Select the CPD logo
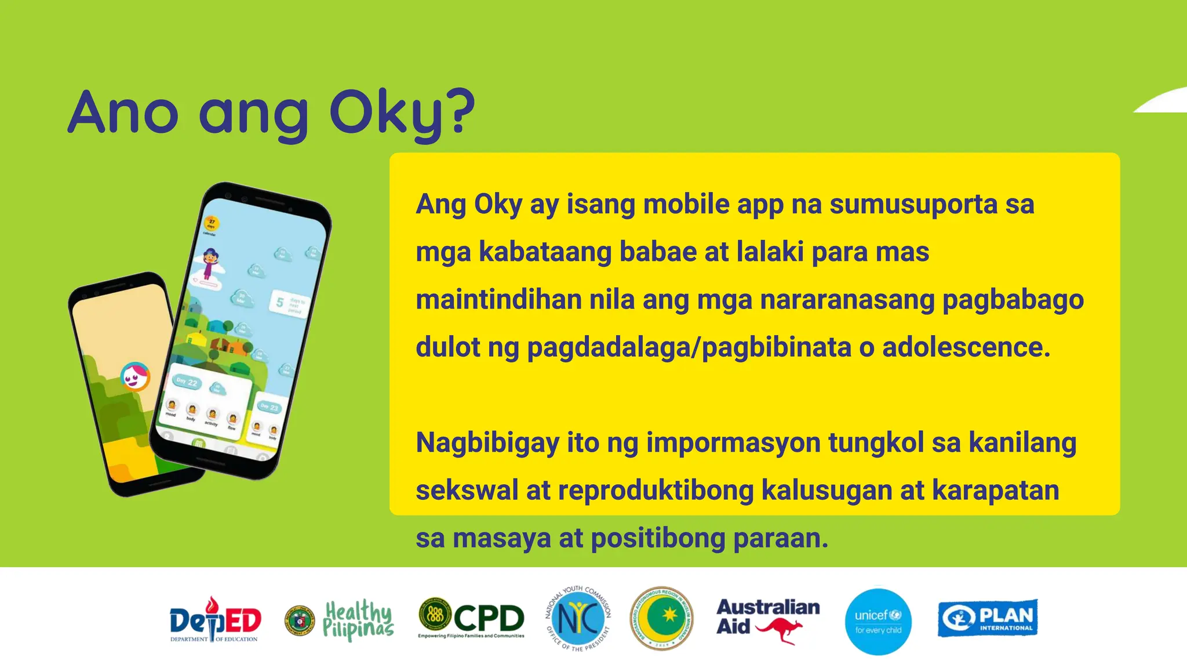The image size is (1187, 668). point(471,618)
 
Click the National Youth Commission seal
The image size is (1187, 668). point(578,619)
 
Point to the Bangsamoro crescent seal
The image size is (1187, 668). point(661,618)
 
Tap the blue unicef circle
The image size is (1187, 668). point(878,622)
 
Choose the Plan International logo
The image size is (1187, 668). point(988,618)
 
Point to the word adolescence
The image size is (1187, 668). point(966,348)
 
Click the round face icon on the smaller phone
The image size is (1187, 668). point(135,377)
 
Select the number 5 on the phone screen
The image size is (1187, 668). point(280,303)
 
